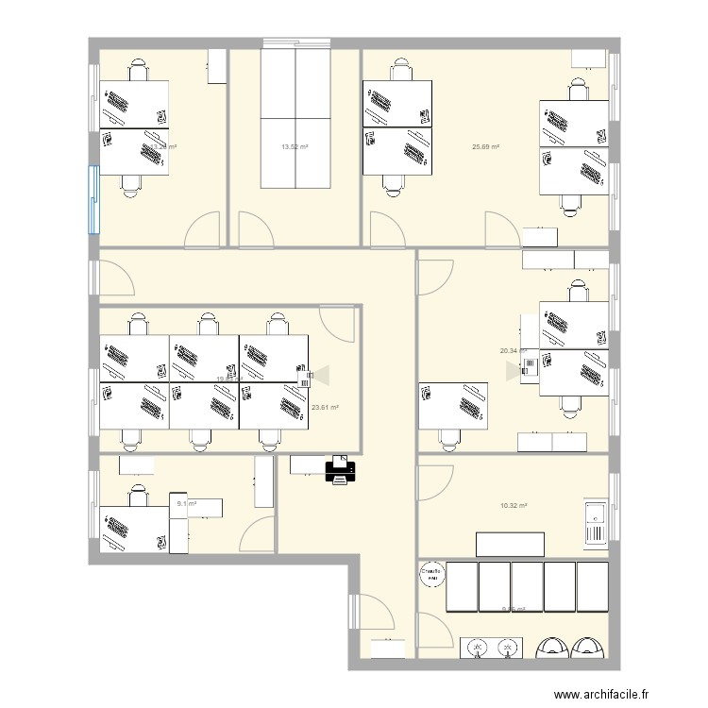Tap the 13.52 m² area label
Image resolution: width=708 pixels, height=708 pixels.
pyautogui.click(x=295, y=146)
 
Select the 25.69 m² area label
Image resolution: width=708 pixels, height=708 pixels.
pyautogui.click(x=485, y=146)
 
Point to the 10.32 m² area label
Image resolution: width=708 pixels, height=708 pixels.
pyautogui.click(x=514, y=506)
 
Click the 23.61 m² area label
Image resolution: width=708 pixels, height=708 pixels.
pyautogui.click(x=325, y=407)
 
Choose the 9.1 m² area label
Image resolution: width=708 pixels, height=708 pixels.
pyautogui.click(x=186, y=504)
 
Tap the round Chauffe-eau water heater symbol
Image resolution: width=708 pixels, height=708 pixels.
pyautogui.click(x=431, y=574)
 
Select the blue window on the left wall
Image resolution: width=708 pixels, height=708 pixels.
pyautogui.click(x=93, y=199)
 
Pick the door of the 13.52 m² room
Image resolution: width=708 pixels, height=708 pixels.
pyautogui.click(x=254, y=227)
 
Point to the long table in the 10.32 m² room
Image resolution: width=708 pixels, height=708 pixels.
pyautogui.click(x=510, y=545)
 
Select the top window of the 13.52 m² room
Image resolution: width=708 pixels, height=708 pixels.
pyautogui.click(x=295, y=42)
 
